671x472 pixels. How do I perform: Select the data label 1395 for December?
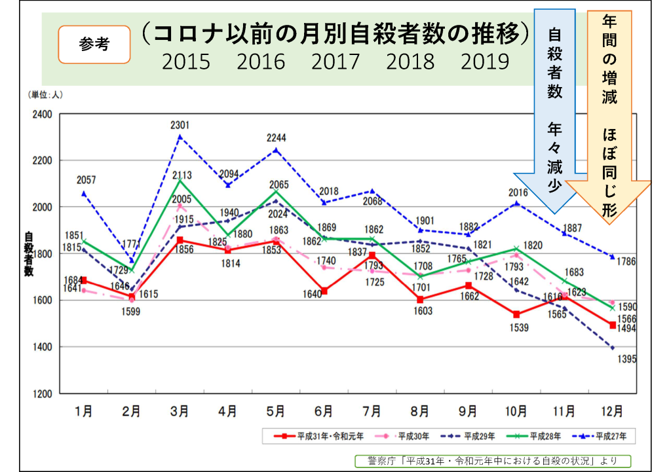(628, 359)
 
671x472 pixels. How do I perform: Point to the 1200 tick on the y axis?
(41, 394)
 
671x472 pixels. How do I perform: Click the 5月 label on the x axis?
(276, 412)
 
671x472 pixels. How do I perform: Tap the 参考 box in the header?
(94, 45)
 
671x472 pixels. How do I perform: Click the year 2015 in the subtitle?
(186, 62)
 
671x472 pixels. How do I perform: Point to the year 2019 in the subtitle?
(485, 62)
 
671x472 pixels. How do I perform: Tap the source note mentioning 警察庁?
(492, 460)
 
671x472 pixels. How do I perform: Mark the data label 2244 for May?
(276, 138)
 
